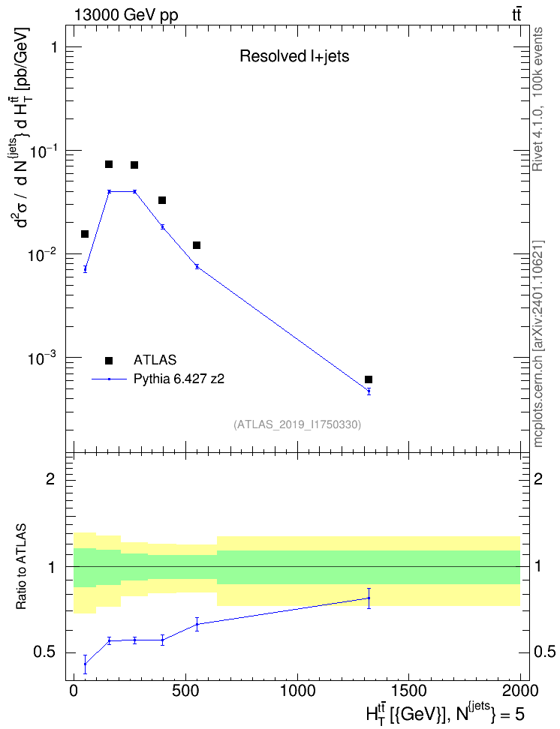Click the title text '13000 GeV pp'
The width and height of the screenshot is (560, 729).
point(125,15)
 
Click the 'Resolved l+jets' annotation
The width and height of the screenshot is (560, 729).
point(294,56)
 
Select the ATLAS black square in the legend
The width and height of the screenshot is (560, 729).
point(109,360)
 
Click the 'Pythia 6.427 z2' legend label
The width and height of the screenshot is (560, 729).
point(179,379)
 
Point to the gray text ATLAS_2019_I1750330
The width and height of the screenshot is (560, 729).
point(297,424)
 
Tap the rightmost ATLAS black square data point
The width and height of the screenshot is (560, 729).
point(369,379)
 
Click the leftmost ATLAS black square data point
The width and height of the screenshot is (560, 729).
point(85,234)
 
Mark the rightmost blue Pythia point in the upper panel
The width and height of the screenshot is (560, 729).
point(369,391)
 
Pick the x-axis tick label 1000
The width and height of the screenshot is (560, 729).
point(297,691)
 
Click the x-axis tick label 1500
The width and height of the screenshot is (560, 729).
point(408,691)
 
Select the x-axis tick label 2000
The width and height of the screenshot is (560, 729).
point(520,691)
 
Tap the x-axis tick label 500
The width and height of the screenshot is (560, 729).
point(185,691)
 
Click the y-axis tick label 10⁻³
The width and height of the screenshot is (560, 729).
point(42,358)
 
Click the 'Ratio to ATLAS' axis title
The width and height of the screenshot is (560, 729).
point(21,566)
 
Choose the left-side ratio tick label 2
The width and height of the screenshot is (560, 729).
point(50,478)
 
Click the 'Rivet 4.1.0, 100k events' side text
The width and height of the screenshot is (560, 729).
point(537,99)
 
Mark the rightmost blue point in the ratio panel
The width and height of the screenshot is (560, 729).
point(369,598)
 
